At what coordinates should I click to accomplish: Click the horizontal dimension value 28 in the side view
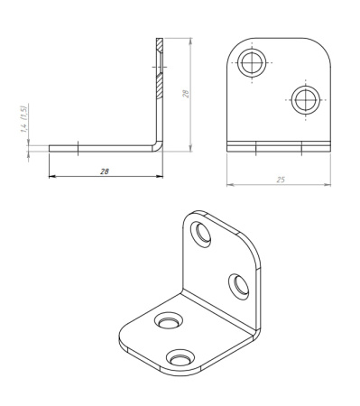click(105, 171)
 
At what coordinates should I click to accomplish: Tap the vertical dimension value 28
click(186, 94)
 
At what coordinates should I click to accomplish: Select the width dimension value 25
click(281, 180)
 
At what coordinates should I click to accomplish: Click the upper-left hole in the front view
click(252, 63)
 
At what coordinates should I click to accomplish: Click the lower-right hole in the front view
click(306, 100)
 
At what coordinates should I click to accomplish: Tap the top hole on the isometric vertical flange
click(200, 235)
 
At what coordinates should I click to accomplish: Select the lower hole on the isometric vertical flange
click(239, 287)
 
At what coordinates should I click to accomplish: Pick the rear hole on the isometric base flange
click(169, 320)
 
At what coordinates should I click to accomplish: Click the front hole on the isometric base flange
click(180, 357)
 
